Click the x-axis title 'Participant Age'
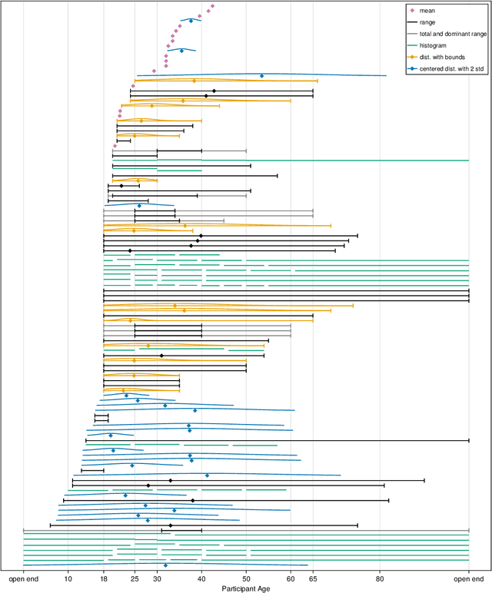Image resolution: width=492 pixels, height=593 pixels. coord(246,588)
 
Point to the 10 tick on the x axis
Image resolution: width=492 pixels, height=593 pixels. coord(68,578)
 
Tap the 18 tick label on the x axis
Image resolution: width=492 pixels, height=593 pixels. coord(104,578)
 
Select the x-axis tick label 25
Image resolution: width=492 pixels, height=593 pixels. coord(135,578)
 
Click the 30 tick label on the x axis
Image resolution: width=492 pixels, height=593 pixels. coord(158,578)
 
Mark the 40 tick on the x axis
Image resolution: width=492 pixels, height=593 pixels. coord(202,578)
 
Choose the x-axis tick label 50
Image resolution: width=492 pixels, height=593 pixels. coord(246,578)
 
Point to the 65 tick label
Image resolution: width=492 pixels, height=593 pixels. coord(313,578)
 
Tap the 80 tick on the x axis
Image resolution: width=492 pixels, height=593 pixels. coord(380,578)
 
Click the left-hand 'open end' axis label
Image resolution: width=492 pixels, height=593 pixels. coord(24,578)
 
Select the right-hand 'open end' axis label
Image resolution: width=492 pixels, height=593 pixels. coord(468,578)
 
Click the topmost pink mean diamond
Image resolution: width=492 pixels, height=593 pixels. coord(212,6)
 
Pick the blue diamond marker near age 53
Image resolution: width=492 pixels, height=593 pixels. coord(261,76)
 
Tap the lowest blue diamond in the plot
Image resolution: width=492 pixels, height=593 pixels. coord(165,565)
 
